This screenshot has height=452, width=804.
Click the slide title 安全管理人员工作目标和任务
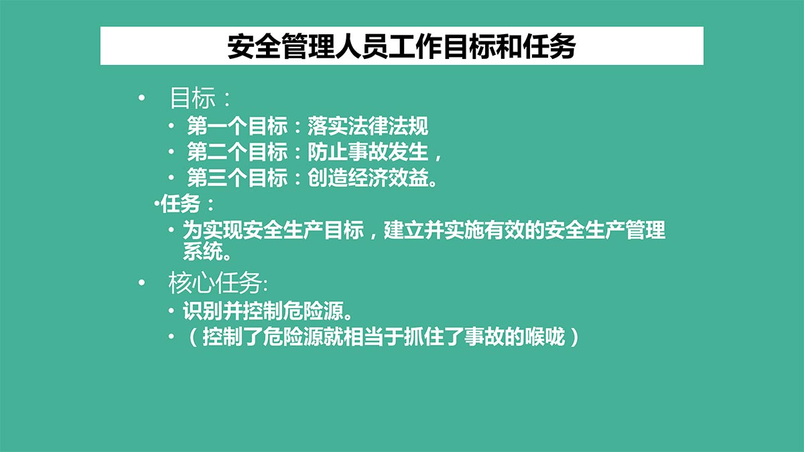tap(401, 46)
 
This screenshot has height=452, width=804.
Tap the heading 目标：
tap(200, 98)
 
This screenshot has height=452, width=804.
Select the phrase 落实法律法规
tap(368, 126)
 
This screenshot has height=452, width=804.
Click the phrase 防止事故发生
tap(368, 152)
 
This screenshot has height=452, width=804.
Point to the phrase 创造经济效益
tap(368, 177)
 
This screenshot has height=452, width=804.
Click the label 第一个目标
tap(237, 126)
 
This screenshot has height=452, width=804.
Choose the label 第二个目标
tap(237, 152)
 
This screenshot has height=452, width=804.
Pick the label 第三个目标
tap(237, 177)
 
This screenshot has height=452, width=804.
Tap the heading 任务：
tap(187, 204)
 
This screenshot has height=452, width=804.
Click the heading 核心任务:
tap(218, 283)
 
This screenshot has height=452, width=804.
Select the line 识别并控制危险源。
tap(267, 311)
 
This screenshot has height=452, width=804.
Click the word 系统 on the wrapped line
tap(203, 252)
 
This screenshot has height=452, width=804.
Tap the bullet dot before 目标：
tap(141, 98)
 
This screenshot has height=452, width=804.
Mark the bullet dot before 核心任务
tap(141, 283)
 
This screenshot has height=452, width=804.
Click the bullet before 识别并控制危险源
tap(172, 311)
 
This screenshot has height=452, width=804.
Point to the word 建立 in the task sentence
tap(404, 230)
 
